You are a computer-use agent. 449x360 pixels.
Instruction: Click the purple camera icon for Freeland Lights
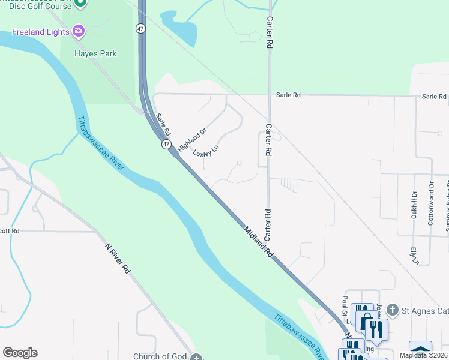[78, 30]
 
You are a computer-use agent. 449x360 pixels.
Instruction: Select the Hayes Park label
[95, 53]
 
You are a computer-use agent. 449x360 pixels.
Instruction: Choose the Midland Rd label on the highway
[259, 242]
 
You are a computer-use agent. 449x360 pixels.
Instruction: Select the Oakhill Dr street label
[415, 205]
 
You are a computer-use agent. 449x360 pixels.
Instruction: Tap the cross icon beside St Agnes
[393, 310]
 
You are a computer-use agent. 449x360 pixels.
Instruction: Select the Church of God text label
[160, 356]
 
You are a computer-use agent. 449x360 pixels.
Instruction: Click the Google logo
[20, 353]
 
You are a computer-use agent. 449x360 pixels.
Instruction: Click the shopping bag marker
[363, 315]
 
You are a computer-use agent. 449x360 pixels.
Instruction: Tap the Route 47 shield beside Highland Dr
[166, 145]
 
